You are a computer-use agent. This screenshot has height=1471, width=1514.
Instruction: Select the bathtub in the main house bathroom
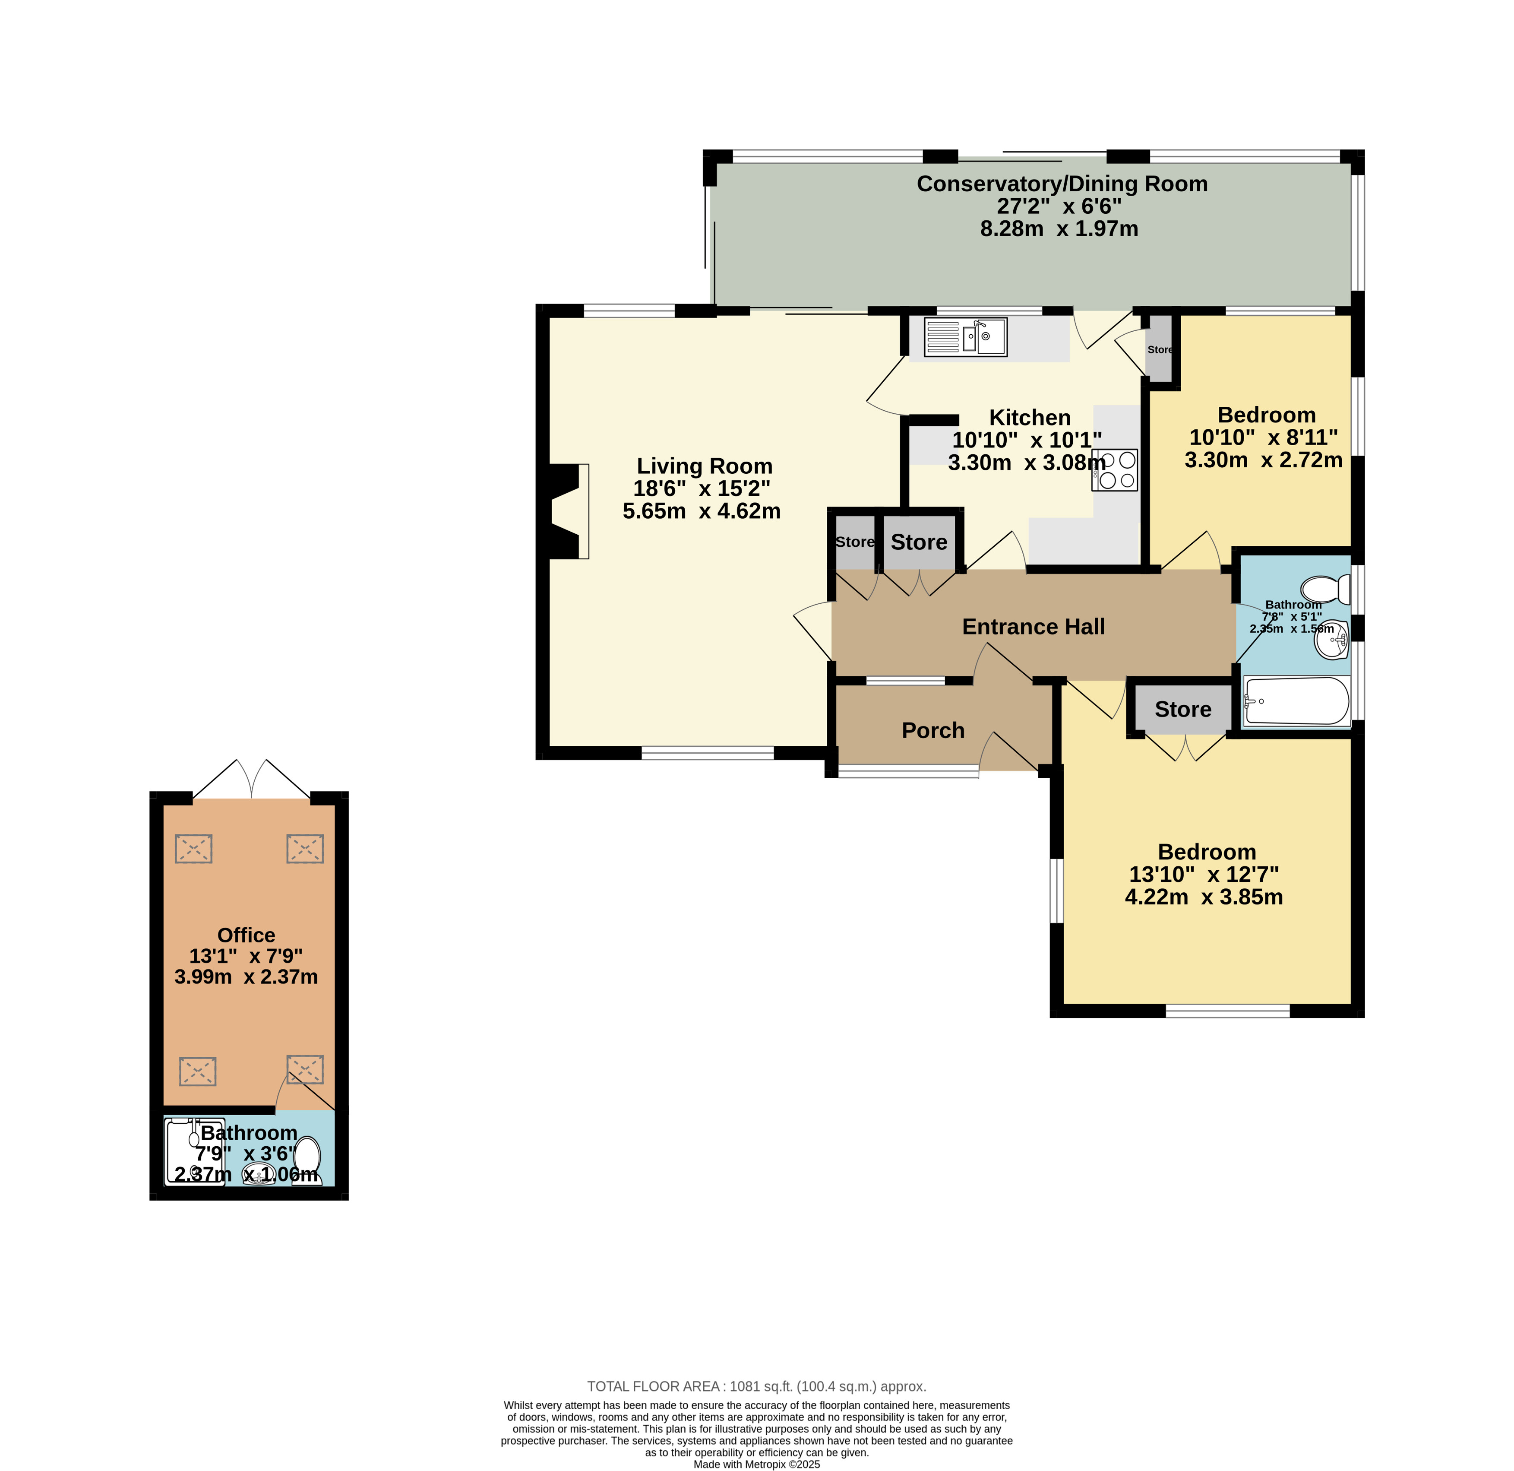(x=1297, y=701)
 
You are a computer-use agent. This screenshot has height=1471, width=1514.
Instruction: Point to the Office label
(x=247, y=935)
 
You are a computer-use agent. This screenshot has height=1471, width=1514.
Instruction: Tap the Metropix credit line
(x=757, y=1464)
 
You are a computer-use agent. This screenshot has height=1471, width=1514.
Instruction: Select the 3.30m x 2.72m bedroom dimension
(x=1264, y=460)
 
